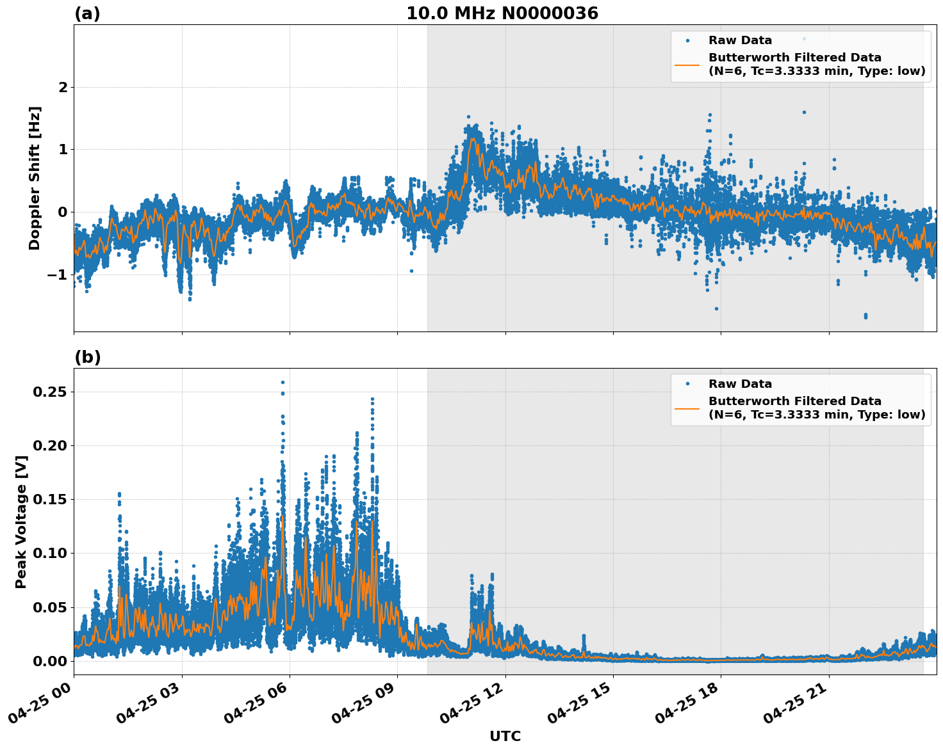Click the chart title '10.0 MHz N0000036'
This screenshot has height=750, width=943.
502,13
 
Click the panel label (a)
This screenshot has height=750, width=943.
87,13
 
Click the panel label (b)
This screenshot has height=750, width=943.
87,357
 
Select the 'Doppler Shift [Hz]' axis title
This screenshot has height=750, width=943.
35,178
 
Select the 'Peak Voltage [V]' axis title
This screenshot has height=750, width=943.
21,522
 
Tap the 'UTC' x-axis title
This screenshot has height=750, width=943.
505,736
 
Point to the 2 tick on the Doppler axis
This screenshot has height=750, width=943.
63,87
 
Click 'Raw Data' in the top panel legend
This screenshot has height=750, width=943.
740,41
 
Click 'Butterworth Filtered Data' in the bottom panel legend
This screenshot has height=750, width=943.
794,401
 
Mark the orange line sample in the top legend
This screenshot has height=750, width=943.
687,65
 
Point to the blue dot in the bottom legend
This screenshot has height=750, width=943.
687,384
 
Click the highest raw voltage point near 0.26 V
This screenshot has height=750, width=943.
283,382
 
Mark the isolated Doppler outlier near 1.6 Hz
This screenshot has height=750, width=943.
804,112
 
